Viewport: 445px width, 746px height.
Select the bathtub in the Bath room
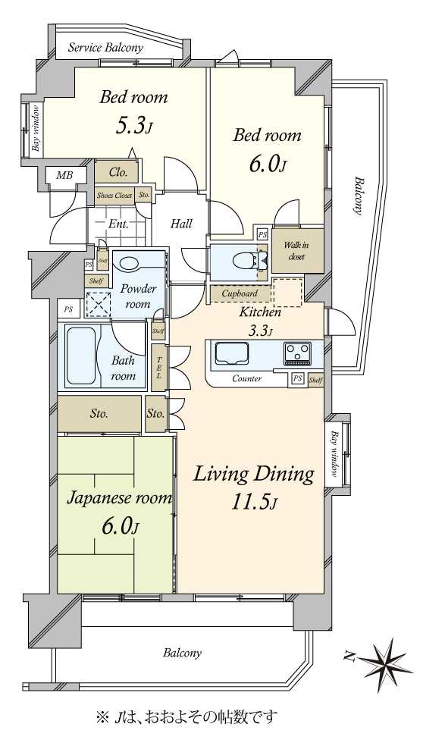80,356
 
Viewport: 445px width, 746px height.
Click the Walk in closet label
296,251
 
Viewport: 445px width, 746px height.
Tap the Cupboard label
240,293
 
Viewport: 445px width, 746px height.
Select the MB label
64,175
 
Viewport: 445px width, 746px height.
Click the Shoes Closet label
114,195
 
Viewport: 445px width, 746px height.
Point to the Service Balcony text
105,48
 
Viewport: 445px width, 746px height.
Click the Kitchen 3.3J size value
260,331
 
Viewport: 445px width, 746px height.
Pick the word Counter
246,379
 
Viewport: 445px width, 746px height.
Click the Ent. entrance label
118,224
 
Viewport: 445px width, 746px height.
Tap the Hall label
181,224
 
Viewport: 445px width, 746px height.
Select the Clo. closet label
118,172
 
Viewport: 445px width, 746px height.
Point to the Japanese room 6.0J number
121,526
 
